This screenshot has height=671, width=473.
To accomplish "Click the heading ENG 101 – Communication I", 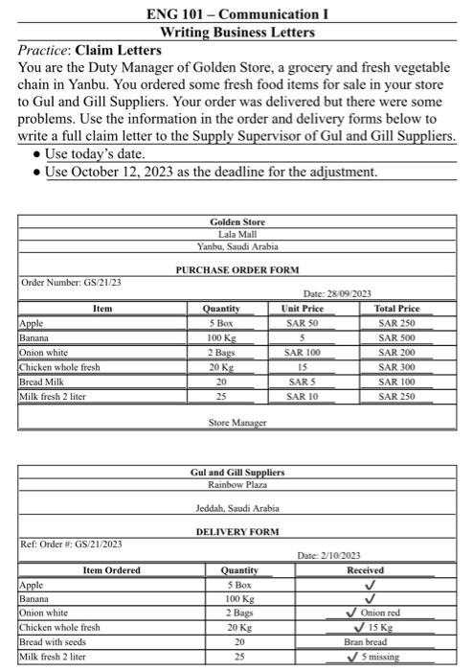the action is (x=236, y=13).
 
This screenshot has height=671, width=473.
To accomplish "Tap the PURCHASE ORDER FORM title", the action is (x=236, y=270).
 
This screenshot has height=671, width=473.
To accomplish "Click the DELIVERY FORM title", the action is (x=237, y=530).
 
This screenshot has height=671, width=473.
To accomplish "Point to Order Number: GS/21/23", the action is (x=71, y=282).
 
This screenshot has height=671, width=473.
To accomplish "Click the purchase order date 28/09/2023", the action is (x=336, y=293).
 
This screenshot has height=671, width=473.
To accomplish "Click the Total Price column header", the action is (x=394, y=309).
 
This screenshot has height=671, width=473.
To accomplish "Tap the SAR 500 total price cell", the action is (x=394, y=337).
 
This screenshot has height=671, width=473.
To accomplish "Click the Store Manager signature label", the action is (x=236, y=422).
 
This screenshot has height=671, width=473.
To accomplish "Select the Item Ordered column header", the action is (x=111, y=570).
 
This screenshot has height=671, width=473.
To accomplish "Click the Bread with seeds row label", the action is (x=56, y=641).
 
